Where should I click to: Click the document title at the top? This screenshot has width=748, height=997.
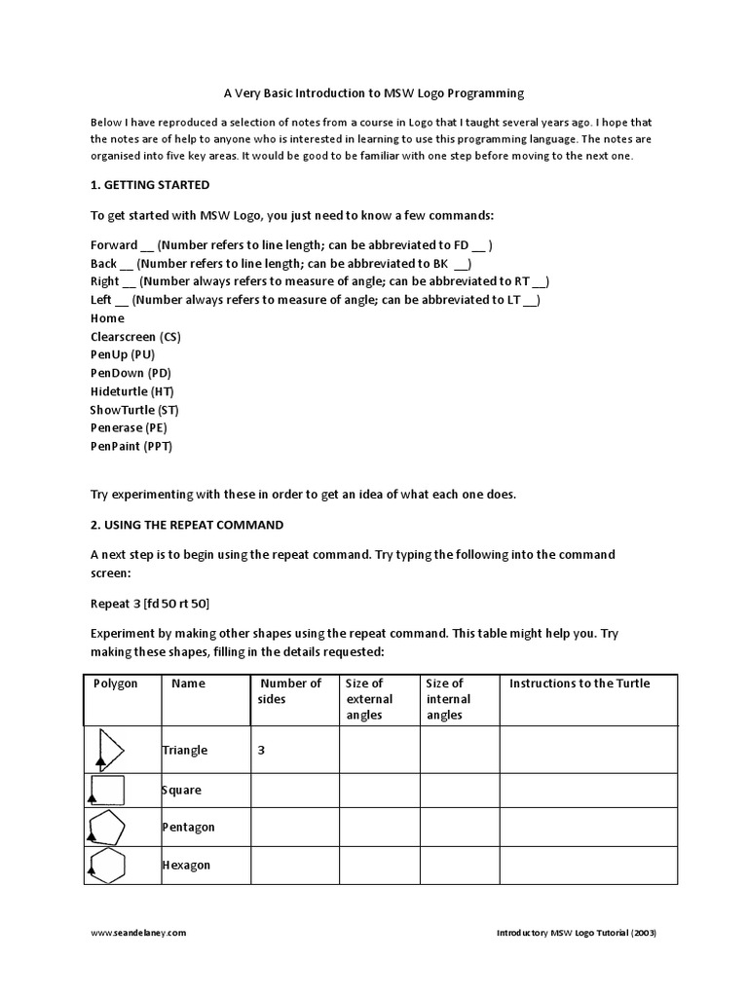tap(374, 93)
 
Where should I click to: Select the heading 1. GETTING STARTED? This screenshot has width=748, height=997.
tap(149, 185)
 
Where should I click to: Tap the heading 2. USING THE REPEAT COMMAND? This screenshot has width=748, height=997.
tap(187, 525)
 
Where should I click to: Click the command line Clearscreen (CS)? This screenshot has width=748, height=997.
tap(135, 337)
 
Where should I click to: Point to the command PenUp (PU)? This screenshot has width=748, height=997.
tap(122, 355)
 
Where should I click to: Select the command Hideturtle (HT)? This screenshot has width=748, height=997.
tap(132, 391)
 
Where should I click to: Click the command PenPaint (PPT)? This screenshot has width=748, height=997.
tap(131, 447)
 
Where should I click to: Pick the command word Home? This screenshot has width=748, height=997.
tap(107, 318)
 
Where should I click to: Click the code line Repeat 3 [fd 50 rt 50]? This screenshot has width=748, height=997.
tap(150, 604)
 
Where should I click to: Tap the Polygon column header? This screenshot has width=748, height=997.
tap(116, 683)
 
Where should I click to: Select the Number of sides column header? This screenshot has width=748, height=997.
tap(289, 691)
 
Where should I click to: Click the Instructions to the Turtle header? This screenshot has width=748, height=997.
tap(580, 683)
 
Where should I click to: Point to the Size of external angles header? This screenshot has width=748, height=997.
tap(369, 699)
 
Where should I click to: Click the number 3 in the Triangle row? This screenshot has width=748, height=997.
tap(262, 751)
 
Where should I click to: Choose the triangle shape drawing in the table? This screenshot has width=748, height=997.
tap(110, 750)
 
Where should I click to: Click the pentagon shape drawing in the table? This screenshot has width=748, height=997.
tap(107, 828)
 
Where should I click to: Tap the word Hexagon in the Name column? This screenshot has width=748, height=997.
tap(186, 866)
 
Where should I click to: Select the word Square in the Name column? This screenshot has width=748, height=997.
tap(181, 791)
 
